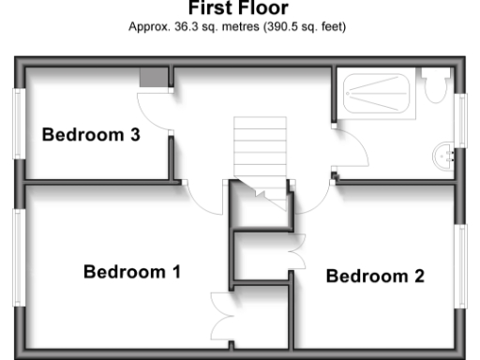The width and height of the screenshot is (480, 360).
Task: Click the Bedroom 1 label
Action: (x=131, y=273)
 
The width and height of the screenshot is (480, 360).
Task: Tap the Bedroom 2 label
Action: (x=375, y=277)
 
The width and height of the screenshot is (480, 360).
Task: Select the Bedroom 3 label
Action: (x=91, y=135)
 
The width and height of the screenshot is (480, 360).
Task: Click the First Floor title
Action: (x=237, y=8)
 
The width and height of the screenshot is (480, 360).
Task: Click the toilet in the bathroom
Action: (x=434, y=86)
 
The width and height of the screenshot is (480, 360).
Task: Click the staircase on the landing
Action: (x=258, y=149)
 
